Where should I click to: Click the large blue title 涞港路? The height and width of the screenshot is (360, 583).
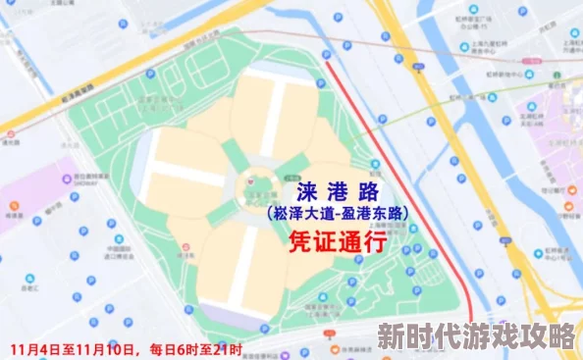[x=337, y=187]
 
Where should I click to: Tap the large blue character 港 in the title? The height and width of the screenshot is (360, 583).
[x=337, y=187]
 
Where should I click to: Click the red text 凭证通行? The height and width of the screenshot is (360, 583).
[x=337, y=241]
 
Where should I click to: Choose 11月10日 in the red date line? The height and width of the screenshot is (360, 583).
[x=105, y=348]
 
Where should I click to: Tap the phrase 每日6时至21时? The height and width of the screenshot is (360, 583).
[x=194, y=348]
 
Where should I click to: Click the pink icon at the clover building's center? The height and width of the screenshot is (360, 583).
[x=249, y=181]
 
